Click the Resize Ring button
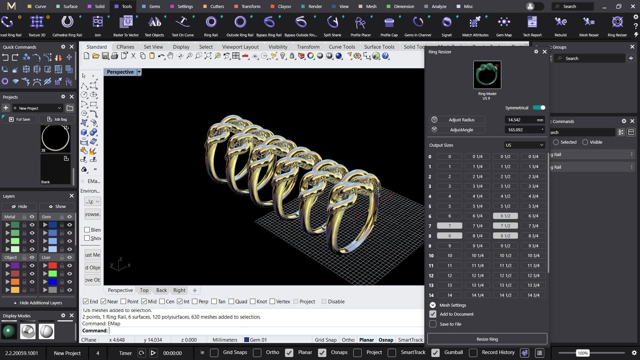click(487, 339)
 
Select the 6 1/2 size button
click(505, 216)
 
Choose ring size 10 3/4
click(533, 256)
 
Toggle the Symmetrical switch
click(539, 108)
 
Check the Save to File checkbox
click(433, 324)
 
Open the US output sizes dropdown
click(524, 145)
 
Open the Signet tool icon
click(447, 23)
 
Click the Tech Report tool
click(532, 23)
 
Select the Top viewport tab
click(144, 290)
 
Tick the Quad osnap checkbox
click(232, 302)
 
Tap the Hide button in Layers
click(19, 207)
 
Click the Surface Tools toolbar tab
click(379, 47)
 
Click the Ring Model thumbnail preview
click(487, 75)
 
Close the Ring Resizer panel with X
click(545, 52)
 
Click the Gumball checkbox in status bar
click(435, 353)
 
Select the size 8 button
click(449, 236)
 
